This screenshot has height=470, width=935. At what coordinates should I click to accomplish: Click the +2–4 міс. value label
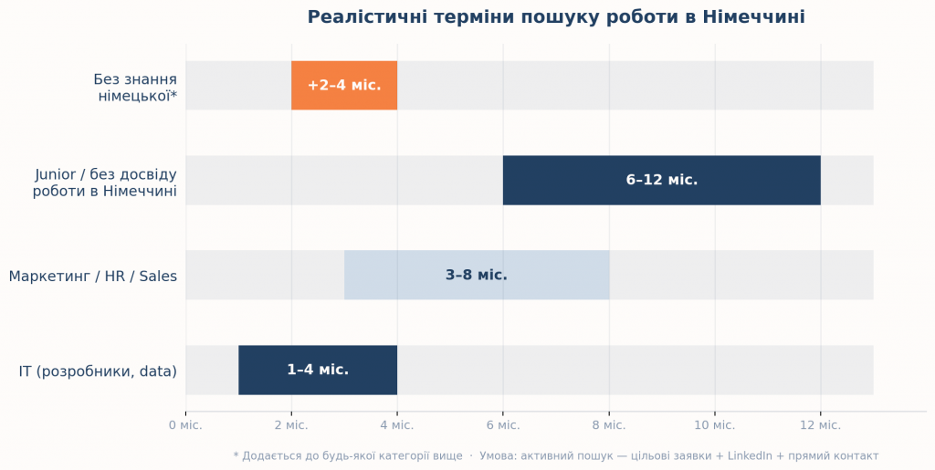344,86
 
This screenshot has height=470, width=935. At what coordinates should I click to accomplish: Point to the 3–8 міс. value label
477,275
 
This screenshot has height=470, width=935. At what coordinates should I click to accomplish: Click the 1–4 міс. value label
318,370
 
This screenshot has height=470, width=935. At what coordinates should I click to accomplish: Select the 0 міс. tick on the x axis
185,425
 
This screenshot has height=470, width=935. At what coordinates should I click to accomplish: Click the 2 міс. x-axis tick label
291,425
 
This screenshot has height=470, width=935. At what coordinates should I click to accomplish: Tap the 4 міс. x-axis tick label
397,425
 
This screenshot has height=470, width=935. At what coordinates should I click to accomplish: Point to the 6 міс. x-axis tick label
503,425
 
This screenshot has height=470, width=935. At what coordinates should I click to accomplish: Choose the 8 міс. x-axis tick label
609,425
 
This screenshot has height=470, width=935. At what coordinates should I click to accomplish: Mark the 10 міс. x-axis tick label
714,425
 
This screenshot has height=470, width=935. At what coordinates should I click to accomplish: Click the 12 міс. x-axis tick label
820,425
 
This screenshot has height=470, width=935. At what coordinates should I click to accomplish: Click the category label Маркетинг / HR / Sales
93,276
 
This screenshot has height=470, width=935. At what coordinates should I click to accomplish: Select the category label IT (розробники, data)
98,371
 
